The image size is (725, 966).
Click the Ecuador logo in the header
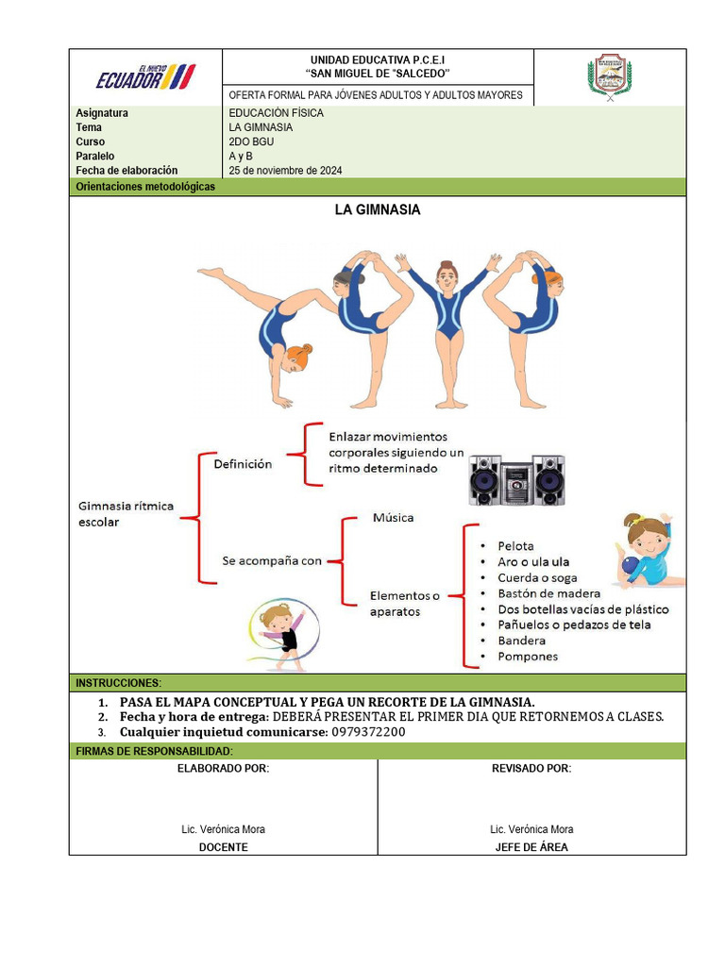(x=145, y=77)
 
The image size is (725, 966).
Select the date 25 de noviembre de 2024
(x=285, y=171)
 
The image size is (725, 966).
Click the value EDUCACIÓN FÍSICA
(x=276, y=113)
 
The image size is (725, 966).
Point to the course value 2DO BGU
(x=251, y=142)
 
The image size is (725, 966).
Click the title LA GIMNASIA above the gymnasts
(x=378, y=210)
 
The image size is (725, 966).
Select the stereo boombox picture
(x=516, y=480)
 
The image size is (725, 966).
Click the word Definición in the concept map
(x=243, y=464)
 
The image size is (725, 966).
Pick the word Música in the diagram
(x=393, y=517)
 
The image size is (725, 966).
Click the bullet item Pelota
(x=515, y=546)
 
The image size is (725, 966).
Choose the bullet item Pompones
(x=528, y=657)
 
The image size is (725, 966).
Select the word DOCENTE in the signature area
(x=223, y=847)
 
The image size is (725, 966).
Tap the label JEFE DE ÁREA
(x=531, y=847)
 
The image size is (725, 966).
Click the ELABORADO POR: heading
(x=223, y=769)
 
